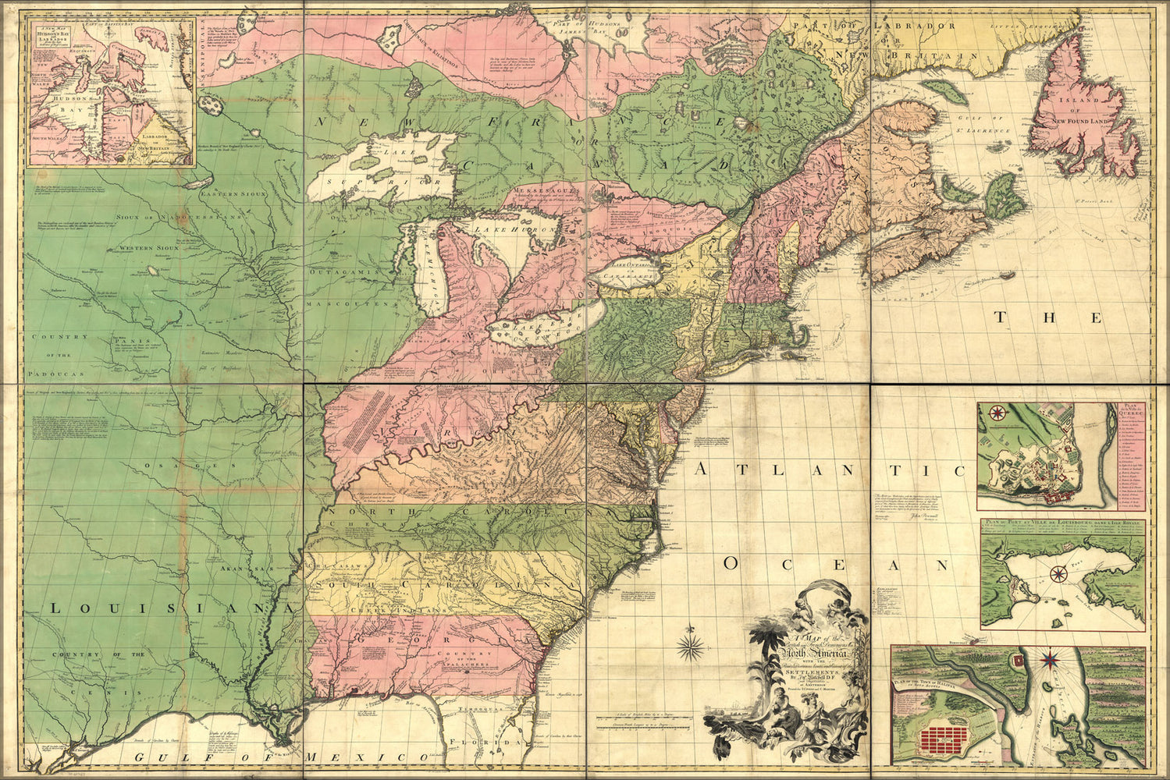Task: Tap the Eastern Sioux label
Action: click(x=226, y=192)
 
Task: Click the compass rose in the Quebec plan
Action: click(x=998, y=413)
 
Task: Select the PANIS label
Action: click(x=122, y=340)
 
